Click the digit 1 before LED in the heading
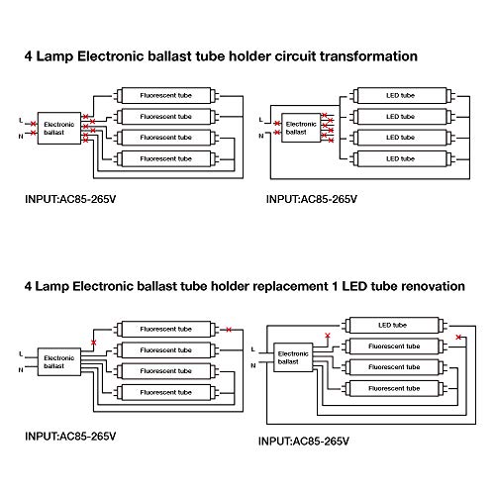click(335, 286)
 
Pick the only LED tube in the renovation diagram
click(394, 326)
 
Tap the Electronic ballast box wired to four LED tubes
click(301, 128)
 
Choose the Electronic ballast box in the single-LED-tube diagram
click(293, 357)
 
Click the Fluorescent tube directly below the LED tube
click(394, 346)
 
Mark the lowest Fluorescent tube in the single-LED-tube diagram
click(394, 388)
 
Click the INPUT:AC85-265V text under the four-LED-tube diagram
click(312, 199)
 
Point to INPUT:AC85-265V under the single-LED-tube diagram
click(304, 442)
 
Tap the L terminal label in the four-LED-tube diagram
click(261, 120)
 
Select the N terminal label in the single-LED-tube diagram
click(253, 365)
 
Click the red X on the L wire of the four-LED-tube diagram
click(277, 124)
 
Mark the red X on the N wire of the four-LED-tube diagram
click(277, 133)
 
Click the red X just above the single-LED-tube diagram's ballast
click(328, 336)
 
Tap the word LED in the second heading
click(354, 286)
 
